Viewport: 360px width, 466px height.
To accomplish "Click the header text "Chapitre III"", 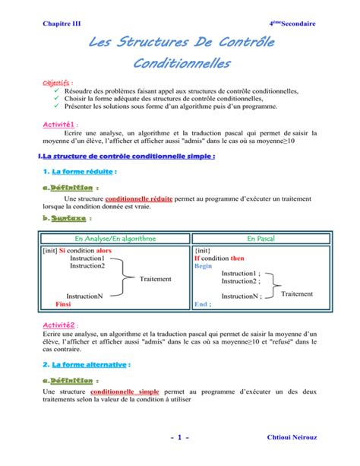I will tap(61, 24).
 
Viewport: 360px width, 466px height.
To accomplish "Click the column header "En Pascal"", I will tap(262, 238).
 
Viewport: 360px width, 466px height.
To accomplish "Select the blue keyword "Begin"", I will tap(203, 267).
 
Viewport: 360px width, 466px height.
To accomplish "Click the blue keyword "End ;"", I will tap(203, 303).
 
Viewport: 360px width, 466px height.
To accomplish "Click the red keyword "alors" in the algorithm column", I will tap(104, 249).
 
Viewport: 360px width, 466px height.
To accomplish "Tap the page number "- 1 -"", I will tap(180, 439).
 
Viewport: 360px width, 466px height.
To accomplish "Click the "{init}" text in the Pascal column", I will tap(204, 249).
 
